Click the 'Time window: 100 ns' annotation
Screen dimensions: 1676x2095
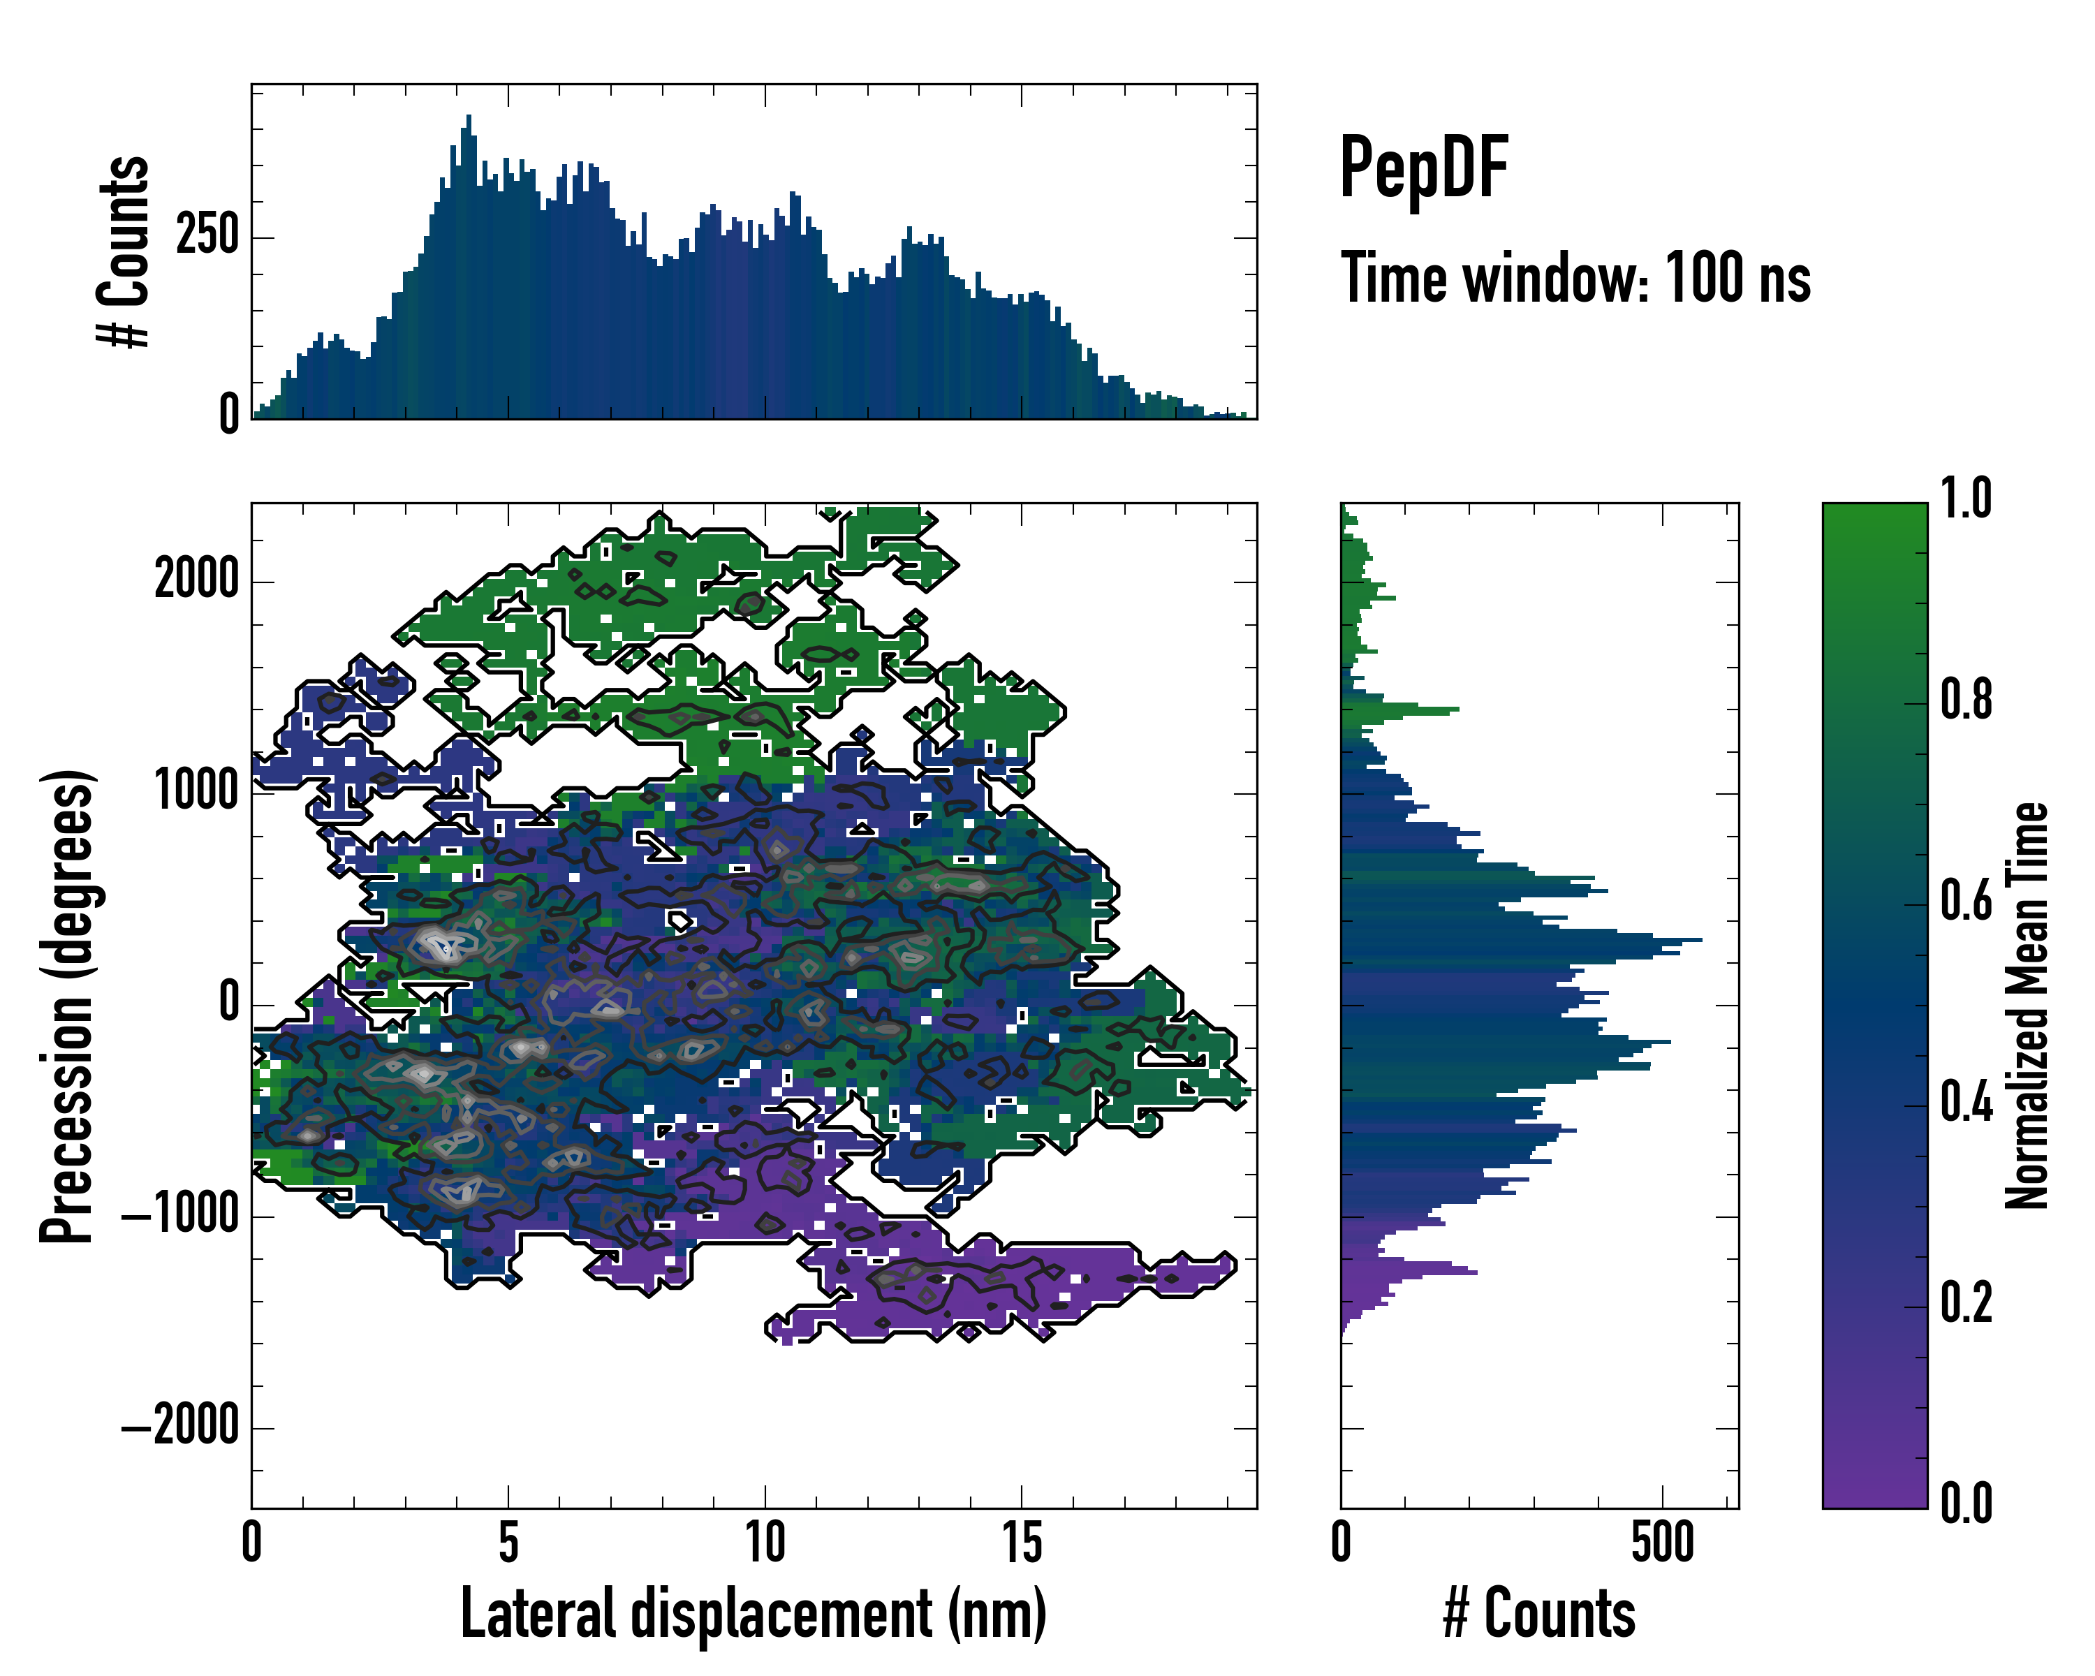[x=1575, y=279]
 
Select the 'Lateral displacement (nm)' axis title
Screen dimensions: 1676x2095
[x=753, y=1614]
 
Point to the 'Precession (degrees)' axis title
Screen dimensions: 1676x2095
[x=66, y=1006]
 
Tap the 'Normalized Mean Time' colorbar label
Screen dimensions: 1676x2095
[x=2027, y=1006]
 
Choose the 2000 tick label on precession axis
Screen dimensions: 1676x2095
[x=196, y=580]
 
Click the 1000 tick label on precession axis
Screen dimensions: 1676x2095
[x=196, y=792]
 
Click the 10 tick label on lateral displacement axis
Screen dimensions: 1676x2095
[x=765, y=1543]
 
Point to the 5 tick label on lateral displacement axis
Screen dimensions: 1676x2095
[x=508, y=1543]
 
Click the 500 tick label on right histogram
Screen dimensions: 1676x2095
[x=1663, y=1543]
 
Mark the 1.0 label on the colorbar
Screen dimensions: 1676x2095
[x=1966, y=499]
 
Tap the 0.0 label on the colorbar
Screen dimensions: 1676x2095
[x=1966, y=1503]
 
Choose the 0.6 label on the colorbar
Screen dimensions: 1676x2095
[x=1966, y=901]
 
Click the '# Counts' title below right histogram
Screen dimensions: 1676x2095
[x=1539, y=1614]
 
